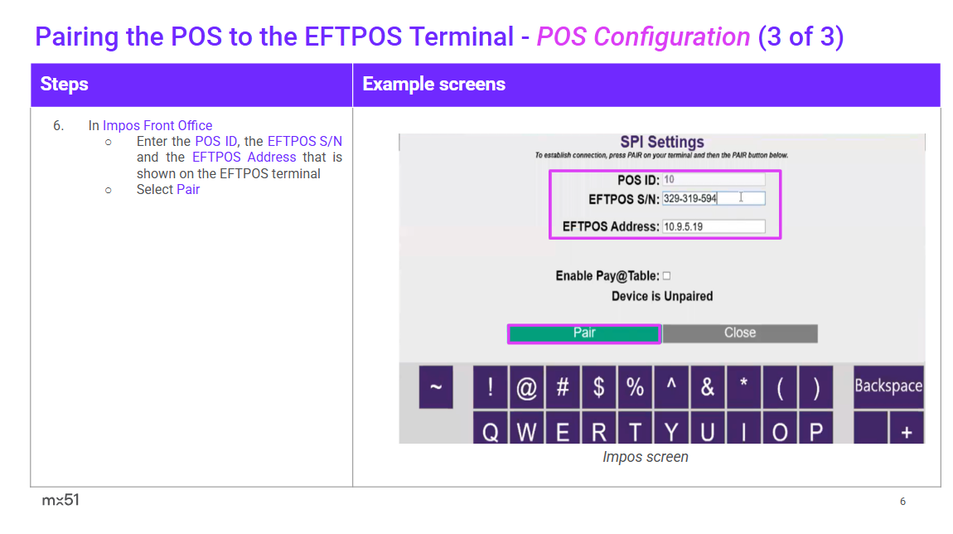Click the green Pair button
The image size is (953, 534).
(584, 333)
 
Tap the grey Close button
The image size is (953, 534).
(740, 333)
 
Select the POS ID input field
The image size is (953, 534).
(714, 179)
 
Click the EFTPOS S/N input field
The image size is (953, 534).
(714, 198)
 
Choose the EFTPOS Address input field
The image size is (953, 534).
(714, 226)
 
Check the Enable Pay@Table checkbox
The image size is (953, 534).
(667, 276)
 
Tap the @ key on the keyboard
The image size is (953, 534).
(526, 386)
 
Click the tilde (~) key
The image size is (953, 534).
(436, 386)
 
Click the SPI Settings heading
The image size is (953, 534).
(662, 142)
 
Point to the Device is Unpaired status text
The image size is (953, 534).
(662, 296)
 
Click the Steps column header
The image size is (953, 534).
(64, 84)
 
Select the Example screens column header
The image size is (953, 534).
(433, 84)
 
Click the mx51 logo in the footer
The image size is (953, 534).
(60, 500)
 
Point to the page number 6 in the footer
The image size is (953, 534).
(902, 501)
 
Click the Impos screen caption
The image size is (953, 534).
(646, 457)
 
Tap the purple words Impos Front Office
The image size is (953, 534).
(157, 125)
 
